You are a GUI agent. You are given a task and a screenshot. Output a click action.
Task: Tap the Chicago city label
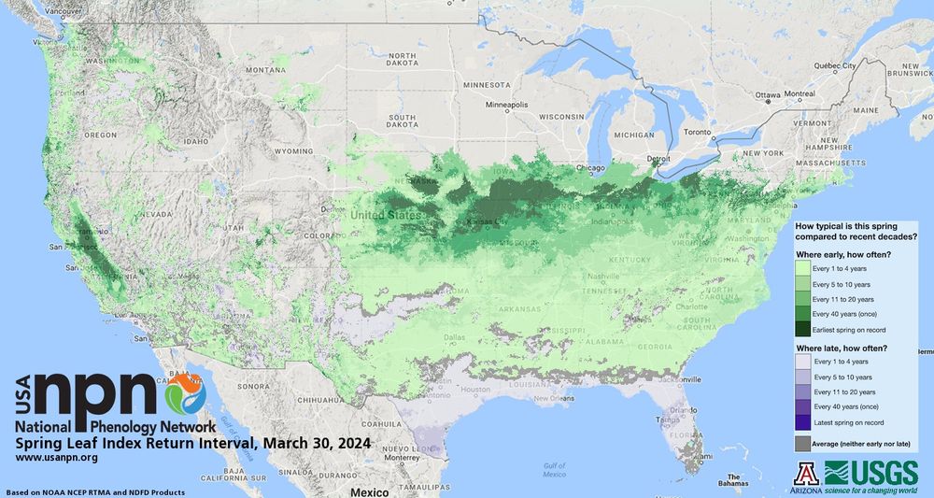590,168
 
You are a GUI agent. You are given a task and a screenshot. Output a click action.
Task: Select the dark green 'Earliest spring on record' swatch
803,330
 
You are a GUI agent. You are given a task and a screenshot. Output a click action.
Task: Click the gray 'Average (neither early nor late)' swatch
803,444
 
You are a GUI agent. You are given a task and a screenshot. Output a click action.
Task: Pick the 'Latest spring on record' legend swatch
803,422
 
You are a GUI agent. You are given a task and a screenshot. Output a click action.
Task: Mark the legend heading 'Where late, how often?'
840,349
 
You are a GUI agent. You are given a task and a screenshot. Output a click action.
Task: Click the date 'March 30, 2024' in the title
317,442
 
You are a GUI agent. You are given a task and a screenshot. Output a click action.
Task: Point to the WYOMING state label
293,150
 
